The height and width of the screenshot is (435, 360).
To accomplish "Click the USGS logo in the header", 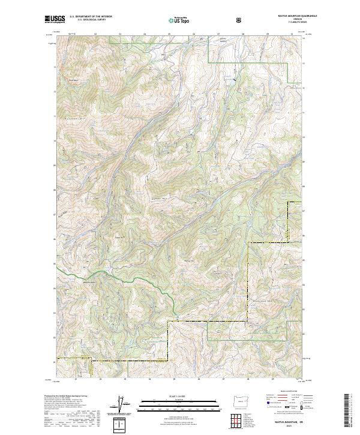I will (x=55, y=20).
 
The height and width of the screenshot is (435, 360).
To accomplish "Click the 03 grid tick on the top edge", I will (x=119, y=34).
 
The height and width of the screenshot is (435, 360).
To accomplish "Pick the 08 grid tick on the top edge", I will (x=242, y=34).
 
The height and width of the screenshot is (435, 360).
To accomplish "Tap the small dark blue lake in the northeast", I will (x=234, y=78).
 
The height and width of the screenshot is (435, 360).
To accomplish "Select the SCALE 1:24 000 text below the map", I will (x=171, y=395).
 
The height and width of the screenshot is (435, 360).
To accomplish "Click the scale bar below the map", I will (x=171, y=404).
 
